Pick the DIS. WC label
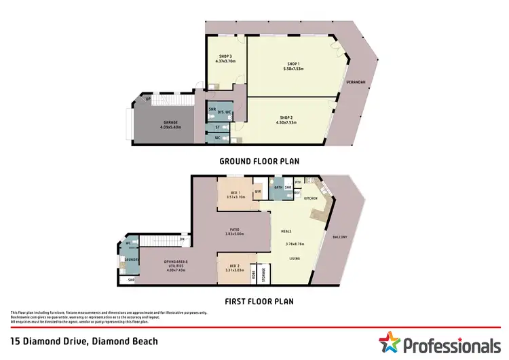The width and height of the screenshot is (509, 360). [225, 110]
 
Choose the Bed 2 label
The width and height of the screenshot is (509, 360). [234, 266]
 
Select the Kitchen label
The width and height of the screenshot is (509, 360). [310, 198]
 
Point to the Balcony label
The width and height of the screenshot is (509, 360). [339, 236]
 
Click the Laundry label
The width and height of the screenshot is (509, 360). [131, 259]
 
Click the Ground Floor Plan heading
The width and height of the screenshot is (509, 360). [259, 162]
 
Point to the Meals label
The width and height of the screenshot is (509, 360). [286, 232]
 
